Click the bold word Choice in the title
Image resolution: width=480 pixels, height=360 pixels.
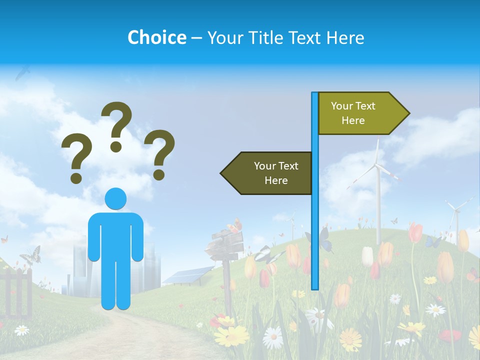[156, 37]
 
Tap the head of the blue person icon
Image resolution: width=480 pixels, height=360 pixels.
[115, 198]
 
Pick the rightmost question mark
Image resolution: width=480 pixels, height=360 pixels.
[160, 153]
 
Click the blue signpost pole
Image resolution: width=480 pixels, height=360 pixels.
[315, 225]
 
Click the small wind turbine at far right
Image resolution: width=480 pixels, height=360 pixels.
[456, 212]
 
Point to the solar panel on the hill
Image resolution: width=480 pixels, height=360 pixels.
[187, 275]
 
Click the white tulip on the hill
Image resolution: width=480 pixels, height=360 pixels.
[367, 256]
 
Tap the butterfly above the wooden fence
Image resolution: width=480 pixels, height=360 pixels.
[30, 255]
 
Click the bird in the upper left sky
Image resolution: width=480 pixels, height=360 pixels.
[22, 73]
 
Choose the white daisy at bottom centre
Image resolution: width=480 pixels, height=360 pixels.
[273, 338]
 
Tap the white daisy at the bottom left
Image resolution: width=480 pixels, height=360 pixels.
[21, 330]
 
